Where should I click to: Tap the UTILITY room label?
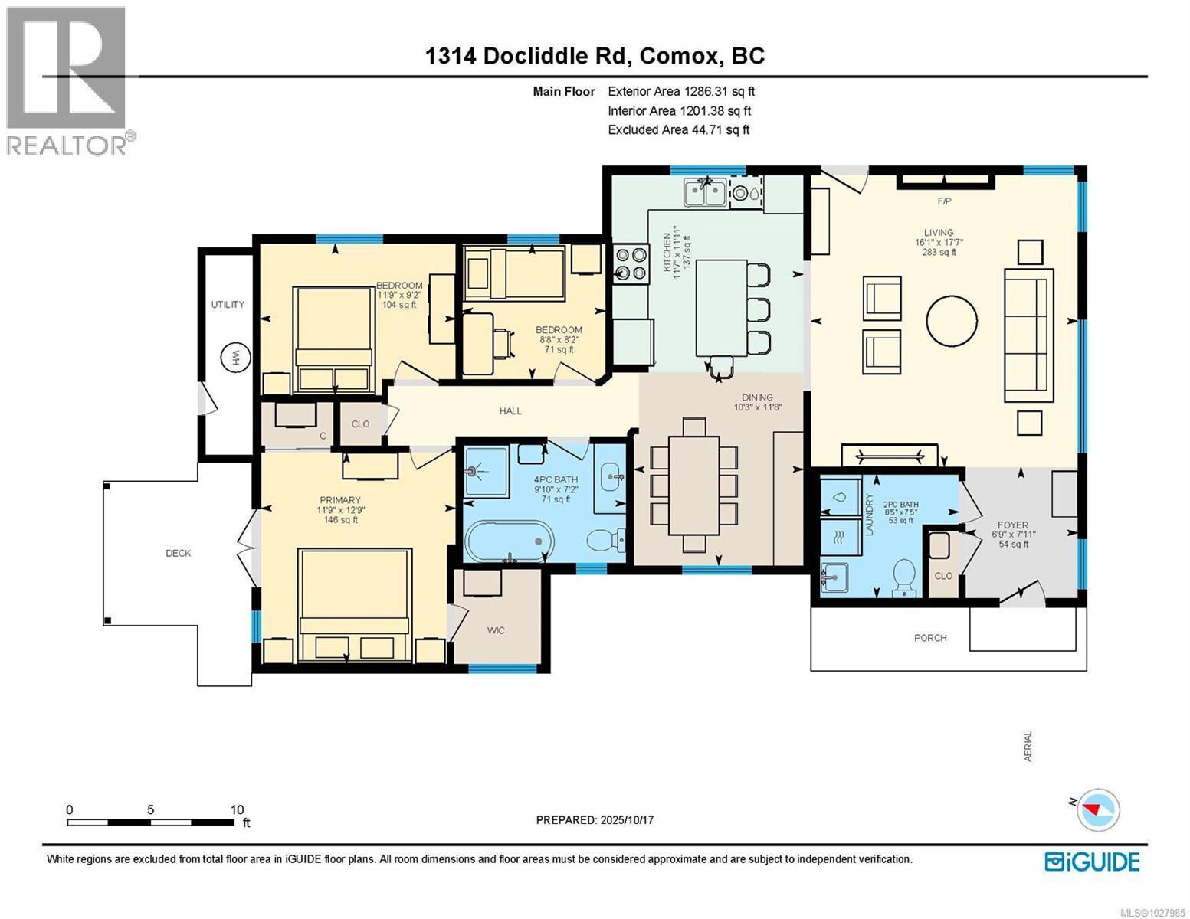pos(228,305)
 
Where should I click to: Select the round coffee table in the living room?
pos(952,322)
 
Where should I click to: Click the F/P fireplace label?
pos(944,201)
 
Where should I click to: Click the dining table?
pos(693,485)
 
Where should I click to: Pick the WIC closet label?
pos(496,630)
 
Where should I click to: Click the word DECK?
pos(179,553)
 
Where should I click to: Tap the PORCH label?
pos(930,638)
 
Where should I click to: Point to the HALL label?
pos(510,411)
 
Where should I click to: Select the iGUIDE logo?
pos(1092,862)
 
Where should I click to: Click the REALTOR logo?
pos(67,80)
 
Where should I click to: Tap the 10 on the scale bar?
pos(237,809)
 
